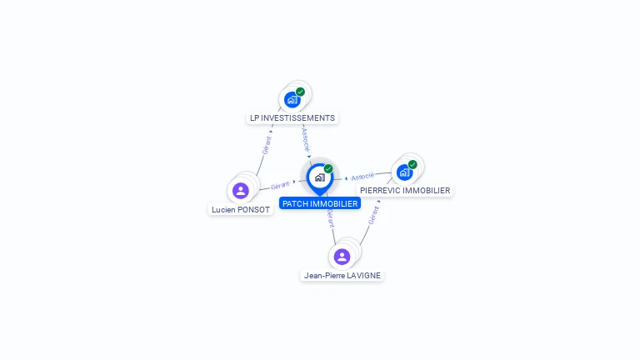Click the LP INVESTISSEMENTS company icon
point(292,100)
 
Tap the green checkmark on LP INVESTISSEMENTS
point(300,92)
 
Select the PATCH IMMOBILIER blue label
point(320,203)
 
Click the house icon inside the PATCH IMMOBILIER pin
point(320,177)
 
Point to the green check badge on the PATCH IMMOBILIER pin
point(328,168)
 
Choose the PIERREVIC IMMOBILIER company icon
point(404,172)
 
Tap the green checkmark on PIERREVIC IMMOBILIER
point(412,164)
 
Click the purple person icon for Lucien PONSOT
point(241,191)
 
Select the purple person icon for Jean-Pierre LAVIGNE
point(342,257)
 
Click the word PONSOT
point(254,210)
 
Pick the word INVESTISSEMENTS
point(298,118)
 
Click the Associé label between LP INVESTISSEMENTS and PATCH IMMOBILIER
point(306,140)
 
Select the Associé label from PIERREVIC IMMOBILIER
point(362,177)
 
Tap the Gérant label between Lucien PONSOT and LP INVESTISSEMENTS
point(267,145)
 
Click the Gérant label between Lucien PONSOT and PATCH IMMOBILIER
point(280,186)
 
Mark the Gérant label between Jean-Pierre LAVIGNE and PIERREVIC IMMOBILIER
point(373,216)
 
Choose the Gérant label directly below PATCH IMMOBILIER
point(331,218)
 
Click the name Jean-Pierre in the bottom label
point(324,276)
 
